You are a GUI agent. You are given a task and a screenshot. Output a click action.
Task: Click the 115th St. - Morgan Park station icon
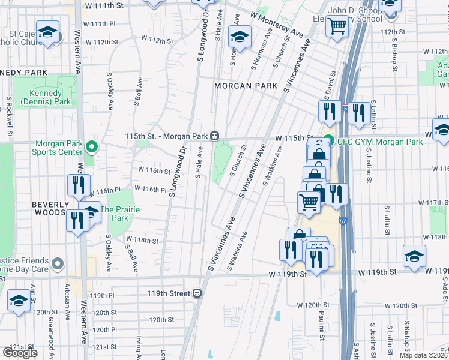click(x=214, y=136)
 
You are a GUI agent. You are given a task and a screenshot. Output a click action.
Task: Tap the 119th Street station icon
click(x=196, y=294)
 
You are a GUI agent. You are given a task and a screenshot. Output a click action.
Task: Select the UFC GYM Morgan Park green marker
click(x=328, y=142)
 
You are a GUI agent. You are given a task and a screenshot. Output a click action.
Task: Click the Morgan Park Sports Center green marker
click(x=91, y=146)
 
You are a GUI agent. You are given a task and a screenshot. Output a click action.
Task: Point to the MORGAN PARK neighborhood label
click(x=246, y=86)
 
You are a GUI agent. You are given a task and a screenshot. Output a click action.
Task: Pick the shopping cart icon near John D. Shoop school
click(x=338, y=28)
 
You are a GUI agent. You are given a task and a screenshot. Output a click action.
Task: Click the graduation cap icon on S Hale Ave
click(x=240, y=38)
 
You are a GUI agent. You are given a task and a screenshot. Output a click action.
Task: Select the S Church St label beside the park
click(x=238, y=157)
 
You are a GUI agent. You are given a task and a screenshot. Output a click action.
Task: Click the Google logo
click(x=20, y=353)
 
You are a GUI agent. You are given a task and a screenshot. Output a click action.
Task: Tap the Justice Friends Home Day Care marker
click(x=58, y=263)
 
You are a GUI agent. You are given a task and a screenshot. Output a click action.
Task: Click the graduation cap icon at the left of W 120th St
click(x=19, y=301)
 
